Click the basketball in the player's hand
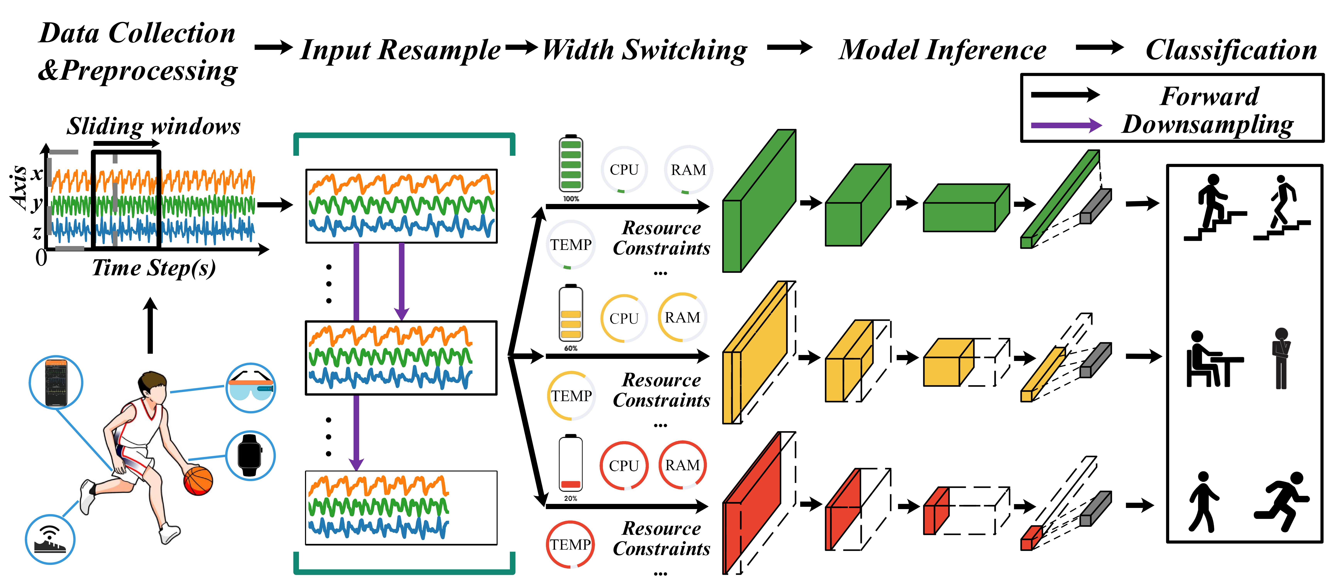(x=198, y=480)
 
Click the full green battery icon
(x=570, y=165)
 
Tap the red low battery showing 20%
(x=570, y=464)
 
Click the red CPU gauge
(x=624, y=466)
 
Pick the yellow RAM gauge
(x=683, y=317)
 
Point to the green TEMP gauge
(x=570, y=245)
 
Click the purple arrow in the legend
(x=1066, y=125)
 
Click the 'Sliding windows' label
(x=154, y=126)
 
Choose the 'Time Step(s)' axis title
(x=154, y=268)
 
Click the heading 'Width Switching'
(x=644, y=50)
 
